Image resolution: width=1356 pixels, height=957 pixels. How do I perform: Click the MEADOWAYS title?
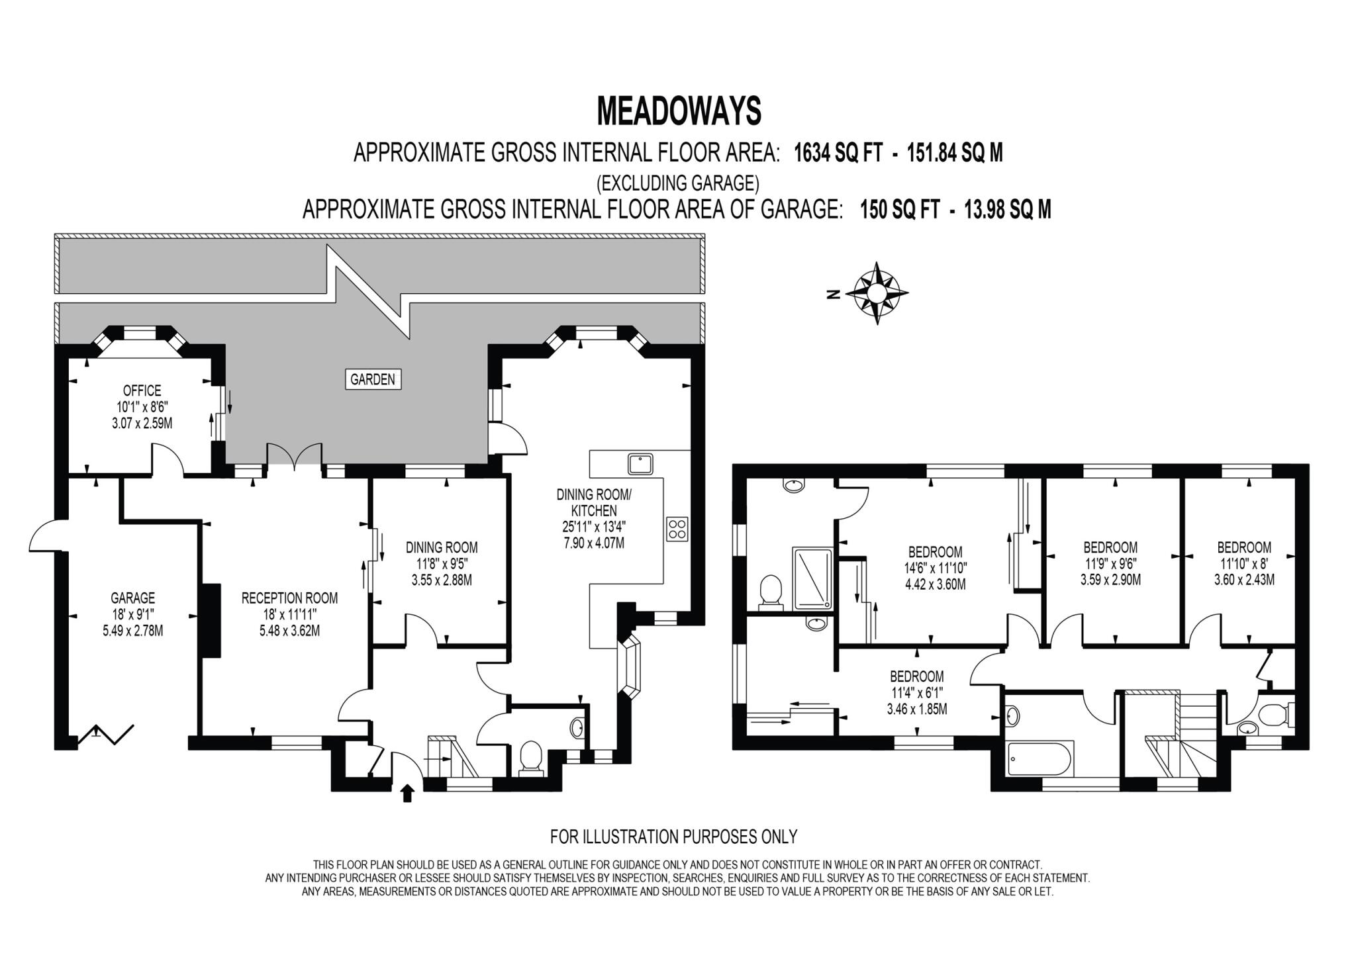tap(679, 111)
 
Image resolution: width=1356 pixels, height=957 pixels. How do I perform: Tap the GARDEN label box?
tap(373, 380)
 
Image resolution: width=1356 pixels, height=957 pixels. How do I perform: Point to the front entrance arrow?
tap(407, 793)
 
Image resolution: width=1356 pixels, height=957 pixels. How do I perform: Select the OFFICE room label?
tap(142, 391)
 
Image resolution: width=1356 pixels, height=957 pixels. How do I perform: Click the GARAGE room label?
tap(132, 598)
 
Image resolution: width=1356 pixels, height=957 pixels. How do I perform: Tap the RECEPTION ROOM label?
tap(289, 598)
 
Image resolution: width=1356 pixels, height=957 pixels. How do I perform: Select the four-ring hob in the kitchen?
tap(677, 529)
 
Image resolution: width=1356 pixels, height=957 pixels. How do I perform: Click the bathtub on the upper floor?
tap(1037, 760)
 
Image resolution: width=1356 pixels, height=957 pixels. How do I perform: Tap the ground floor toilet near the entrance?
tap(531, 758)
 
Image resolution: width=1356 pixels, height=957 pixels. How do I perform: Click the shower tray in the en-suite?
tap(812, 577)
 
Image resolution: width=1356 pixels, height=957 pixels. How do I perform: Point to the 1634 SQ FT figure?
tap(838, 154)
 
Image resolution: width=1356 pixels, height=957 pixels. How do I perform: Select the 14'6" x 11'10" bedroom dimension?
tap(936, 568)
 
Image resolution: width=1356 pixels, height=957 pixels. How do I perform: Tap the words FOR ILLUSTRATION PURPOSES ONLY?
tap(673, 837)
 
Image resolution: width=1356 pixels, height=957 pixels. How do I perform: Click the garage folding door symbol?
tap(106, 734)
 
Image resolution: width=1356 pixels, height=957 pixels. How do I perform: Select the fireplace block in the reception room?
tap(211, 620)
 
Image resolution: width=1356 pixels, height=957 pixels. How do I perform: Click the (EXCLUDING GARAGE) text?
tap(677, 182)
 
